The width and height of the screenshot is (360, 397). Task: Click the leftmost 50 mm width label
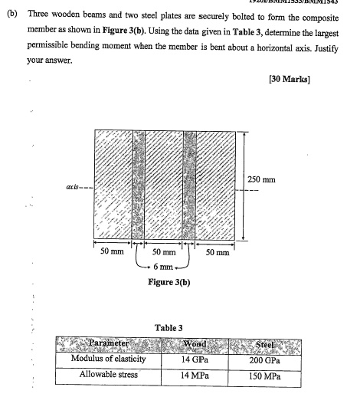pos(113,251)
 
